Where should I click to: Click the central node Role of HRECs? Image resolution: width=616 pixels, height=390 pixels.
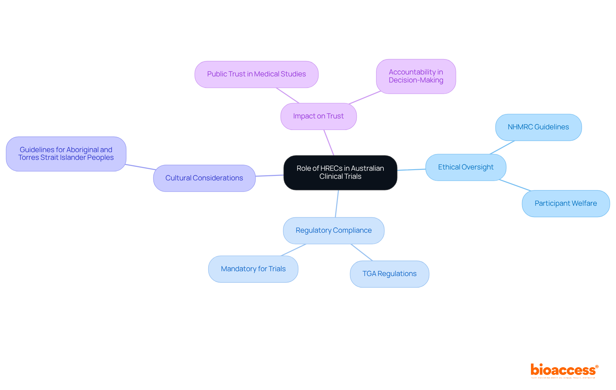pos(340,172)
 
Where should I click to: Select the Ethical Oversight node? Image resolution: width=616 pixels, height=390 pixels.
pos(466,167)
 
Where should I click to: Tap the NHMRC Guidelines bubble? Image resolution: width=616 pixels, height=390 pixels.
pos(538,127)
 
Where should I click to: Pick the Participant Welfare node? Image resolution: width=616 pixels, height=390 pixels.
pos(565,204)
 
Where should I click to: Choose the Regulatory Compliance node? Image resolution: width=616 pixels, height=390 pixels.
pos(333,230)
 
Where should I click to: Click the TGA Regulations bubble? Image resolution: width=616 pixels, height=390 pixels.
pos(389,274)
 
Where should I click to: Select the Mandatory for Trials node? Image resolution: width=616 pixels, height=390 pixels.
pos(253,269)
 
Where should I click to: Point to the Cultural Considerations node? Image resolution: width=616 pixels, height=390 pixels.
pos(204,178)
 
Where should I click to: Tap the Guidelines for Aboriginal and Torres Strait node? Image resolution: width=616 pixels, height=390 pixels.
pos(66,154)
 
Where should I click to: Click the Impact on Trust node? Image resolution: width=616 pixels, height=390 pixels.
pos(318,116)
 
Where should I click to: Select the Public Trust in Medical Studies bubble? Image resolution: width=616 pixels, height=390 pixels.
pos(256,74)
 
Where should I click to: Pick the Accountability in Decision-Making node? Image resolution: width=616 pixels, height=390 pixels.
pos(416,76)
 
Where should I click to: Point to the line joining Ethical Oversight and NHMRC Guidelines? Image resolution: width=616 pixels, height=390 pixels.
pos(502,147)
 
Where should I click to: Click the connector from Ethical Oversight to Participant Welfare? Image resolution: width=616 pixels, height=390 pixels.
pos(515,185)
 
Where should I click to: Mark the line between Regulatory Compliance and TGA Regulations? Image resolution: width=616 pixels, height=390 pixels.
pos(362,252)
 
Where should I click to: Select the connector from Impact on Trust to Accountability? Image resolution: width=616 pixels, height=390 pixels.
pos(365,98)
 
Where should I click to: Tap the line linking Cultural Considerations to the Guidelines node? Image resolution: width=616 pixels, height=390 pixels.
pos(140,167)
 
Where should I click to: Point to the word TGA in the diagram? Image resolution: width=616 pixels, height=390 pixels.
pos(369,274)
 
